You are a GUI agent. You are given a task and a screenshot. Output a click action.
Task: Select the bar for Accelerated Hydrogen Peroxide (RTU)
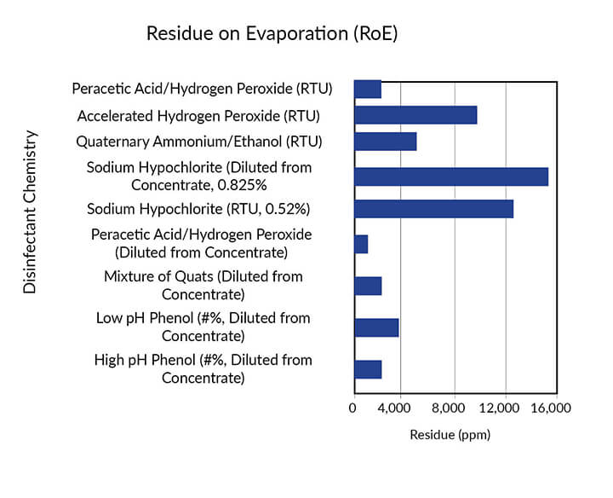(x=415, y=115)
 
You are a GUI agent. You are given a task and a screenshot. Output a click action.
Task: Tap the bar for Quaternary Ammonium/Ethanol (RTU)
(x=385, y=142)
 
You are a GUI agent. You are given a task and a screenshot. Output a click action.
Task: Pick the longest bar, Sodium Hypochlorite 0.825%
(x=450, y=177)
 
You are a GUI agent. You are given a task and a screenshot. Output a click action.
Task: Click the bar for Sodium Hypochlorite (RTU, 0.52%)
(x=433, y=209)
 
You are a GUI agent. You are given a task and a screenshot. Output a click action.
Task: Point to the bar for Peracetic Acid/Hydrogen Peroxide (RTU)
(x=367, y=89)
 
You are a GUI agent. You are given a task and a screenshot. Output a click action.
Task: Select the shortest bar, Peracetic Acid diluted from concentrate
(x=361, y=244)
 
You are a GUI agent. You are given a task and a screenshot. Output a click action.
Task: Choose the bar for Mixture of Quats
(x=367, y=286)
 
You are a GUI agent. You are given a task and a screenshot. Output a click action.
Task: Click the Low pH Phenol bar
(x=375, y=327)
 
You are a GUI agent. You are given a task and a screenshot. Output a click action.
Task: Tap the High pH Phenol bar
(x=367, y=369)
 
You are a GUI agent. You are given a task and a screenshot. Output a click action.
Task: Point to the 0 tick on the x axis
(x=353, y=408)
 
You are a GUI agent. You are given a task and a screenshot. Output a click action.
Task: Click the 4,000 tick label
(x=403, y=408)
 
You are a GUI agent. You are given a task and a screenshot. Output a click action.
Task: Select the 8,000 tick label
(x=454, y=408)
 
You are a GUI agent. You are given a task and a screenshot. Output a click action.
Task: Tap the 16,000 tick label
(x=553, y=408)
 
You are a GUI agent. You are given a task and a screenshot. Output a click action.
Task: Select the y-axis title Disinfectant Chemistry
(x=30, y=212)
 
